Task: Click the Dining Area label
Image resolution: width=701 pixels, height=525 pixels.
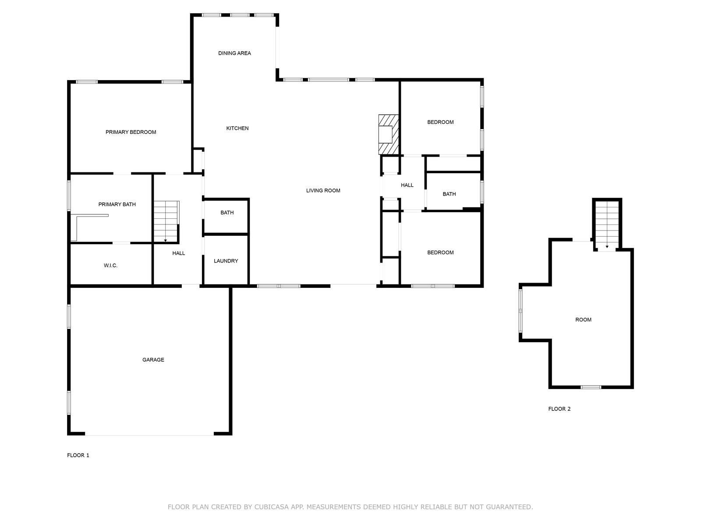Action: tap(234, 53)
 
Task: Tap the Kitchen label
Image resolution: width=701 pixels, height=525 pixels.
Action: tap(237, 128)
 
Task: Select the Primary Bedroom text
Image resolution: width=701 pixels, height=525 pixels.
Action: tap(131, 132)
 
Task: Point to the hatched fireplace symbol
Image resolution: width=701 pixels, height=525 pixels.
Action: tap(389, 134)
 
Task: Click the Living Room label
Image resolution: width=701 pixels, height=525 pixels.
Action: tap(323, 190)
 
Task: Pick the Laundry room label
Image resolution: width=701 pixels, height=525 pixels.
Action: tap(226, 261)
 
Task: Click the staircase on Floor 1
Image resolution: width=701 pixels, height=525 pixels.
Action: tap(166, 221)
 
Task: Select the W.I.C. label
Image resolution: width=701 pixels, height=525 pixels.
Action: tap(110, 266)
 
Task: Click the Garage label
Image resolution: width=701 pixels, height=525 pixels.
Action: tap(153, 360)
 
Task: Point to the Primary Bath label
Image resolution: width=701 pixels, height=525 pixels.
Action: tap(117, 204)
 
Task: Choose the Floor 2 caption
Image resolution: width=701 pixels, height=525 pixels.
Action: tap(559, 409)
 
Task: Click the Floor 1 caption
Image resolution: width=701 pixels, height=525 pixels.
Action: tap(78, 455)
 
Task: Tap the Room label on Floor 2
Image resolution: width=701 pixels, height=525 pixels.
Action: tap(583, 320)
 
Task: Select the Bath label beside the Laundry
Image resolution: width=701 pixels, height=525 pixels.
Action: tap(227, 213)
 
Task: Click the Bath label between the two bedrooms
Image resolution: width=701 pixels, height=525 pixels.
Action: tap(449, 194)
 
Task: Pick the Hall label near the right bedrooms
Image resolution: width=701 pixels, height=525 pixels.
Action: tap(407, 185)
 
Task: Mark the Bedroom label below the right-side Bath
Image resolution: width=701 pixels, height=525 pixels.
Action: tap(440, 252)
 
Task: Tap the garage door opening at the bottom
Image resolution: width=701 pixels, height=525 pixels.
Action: tap(149, 434)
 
